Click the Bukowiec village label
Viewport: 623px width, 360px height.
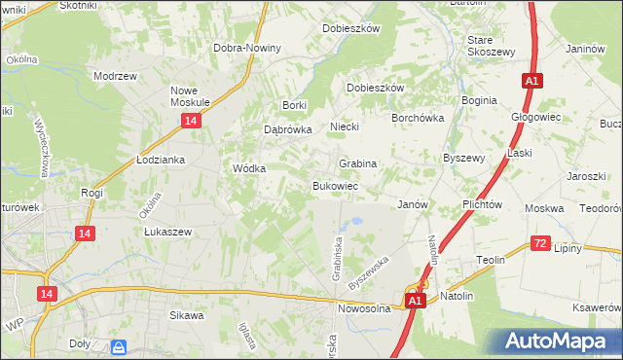tap(336, 185)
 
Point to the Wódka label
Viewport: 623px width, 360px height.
tap(249, 167)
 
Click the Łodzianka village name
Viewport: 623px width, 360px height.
tap(161, 159)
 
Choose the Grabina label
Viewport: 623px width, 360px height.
tap(357, 163)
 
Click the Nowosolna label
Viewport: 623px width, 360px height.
tap(364, 308)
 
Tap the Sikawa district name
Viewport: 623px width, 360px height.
tap(187, 315)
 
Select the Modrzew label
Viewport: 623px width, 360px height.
tap(113, 75)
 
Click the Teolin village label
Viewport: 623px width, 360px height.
tap(490, 260)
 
